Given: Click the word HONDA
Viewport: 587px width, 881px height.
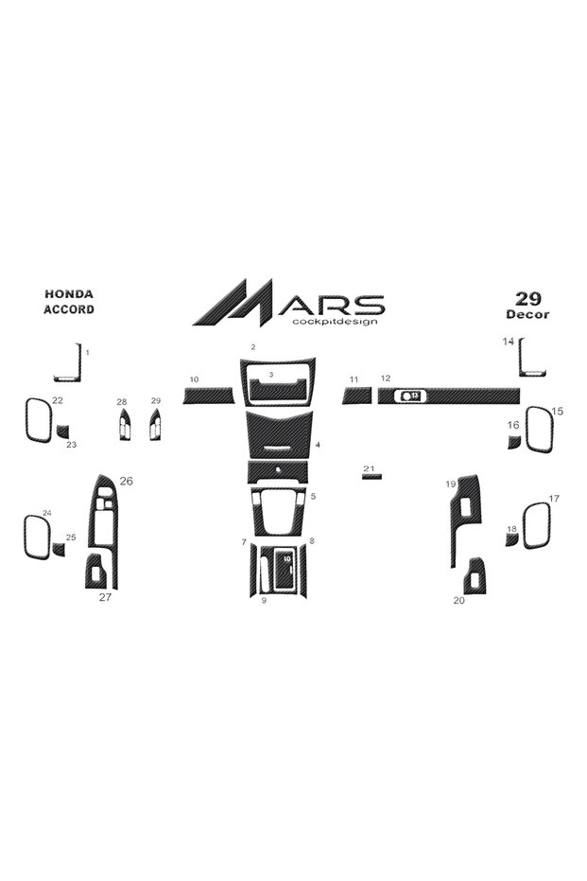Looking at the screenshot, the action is tap(69, 294).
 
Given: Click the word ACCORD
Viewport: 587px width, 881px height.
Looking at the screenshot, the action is tap(69, 309).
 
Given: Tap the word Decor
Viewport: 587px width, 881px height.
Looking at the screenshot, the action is tap(527, 314).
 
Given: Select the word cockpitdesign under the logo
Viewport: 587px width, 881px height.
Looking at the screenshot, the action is tap(335, 322).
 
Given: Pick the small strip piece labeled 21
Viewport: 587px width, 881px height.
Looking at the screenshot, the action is tap(371, 477).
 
